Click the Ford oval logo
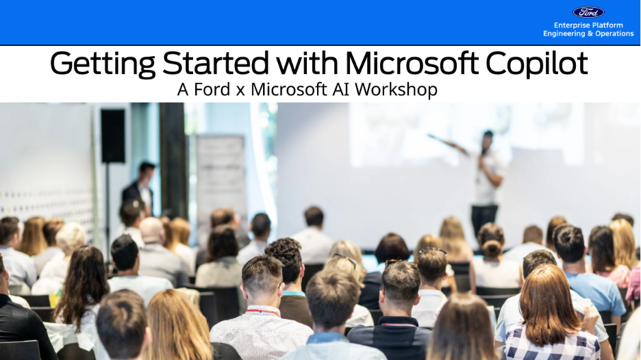pos(588,12)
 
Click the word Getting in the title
pos(103,64)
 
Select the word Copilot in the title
pos(536,64)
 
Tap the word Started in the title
pos(216,63)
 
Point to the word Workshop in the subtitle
pos(396,90)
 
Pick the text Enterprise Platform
pos(588,25)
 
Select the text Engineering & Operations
pos(588,34)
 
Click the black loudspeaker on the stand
pos(113,136)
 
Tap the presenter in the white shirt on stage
pos(486,180)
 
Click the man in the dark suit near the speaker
pos(140,188)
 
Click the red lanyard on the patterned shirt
pos(262,312)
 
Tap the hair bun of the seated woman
pos(492,248)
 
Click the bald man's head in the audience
pos(152,230)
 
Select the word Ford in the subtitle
pos(212,90)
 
